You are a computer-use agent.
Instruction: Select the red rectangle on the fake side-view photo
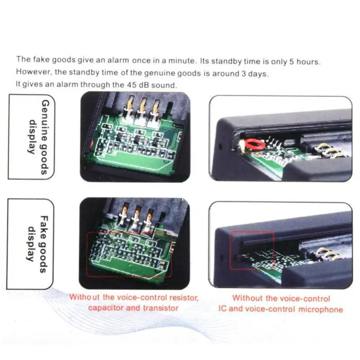[252, 250]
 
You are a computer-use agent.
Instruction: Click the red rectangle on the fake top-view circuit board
[129, 254]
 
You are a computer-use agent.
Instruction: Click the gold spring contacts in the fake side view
[328, 254]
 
